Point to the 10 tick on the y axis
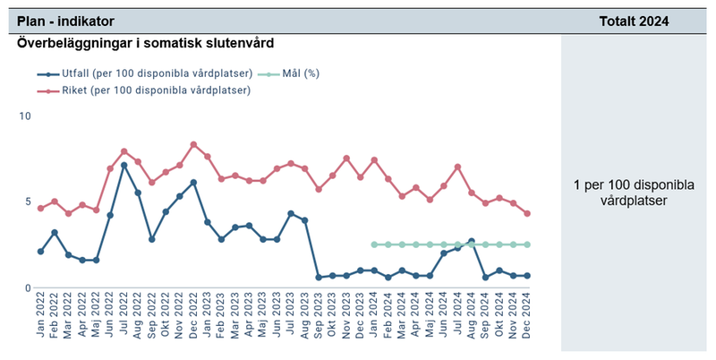(25, 116)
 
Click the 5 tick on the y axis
(28, 202)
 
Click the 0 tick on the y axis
(28, 288)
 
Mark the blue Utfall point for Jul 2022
(124, 166)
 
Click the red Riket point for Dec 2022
(193, 144)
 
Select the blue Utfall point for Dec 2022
(193, 182)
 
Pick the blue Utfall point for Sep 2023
(319, 278)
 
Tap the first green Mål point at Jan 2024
(374, 244)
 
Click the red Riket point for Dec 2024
(527, 213)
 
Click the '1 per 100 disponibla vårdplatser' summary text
(635, 193)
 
